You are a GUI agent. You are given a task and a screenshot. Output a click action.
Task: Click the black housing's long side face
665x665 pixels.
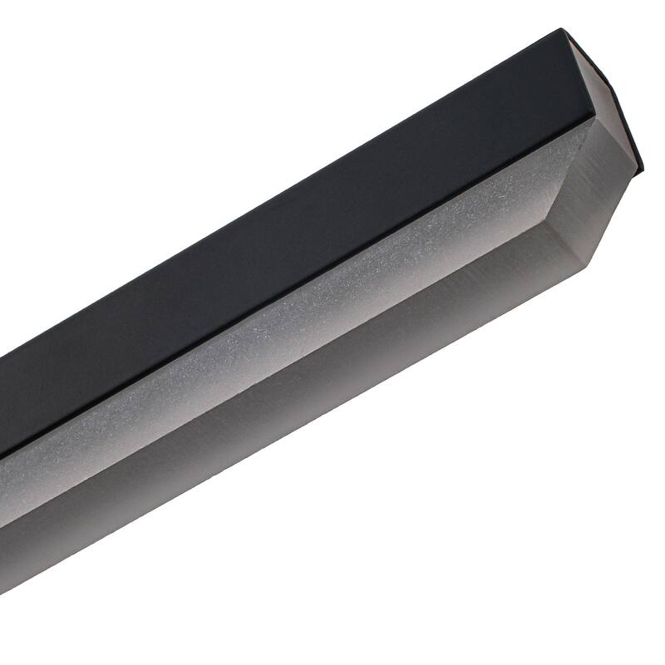(x=291, y=249)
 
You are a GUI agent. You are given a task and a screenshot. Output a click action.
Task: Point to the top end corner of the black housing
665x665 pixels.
(x=562, y=31)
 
